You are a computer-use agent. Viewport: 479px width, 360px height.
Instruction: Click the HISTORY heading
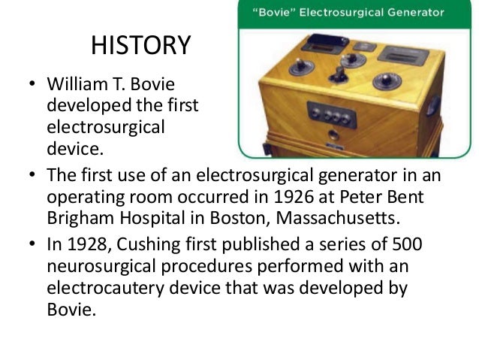140,47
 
